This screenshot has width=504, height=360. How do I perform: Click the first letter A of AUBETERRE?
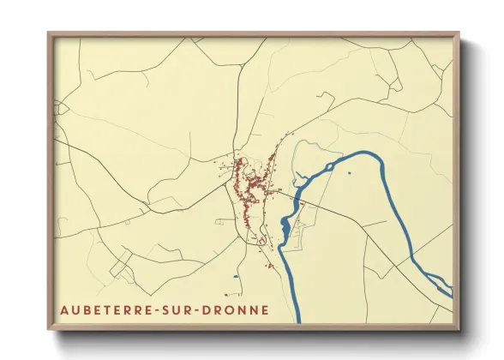(x=63, y=309)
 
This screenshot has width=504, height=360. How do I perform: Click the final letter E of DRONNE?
(x=264, y=309)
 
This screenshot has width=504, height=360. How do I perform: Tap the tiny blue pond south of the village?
(x=235, y=278)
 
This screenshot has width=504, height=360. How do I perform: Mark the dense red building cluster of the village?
(x=249, y=184)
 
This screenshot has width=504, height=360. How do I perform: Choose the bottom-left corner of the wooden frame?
(x=50, y=329)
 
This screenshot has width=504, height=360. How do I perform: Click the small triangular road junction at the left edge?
(x=60, y=109)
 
